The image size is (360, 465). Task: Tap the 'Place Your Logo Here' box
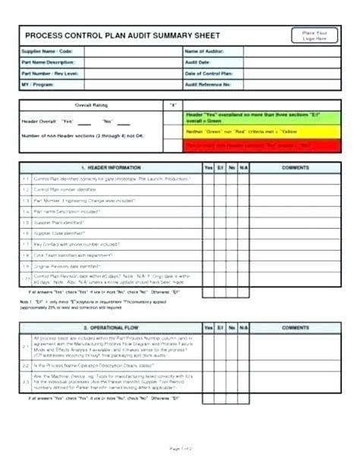[x=314, y=35]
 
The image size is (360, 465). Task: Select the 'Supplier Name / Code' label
[x=46, y=52]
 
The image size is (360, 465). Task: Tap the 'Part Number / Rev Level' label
[x=51, y=73]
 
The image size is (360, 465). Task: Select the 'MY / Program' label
[x=39, y=84]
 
